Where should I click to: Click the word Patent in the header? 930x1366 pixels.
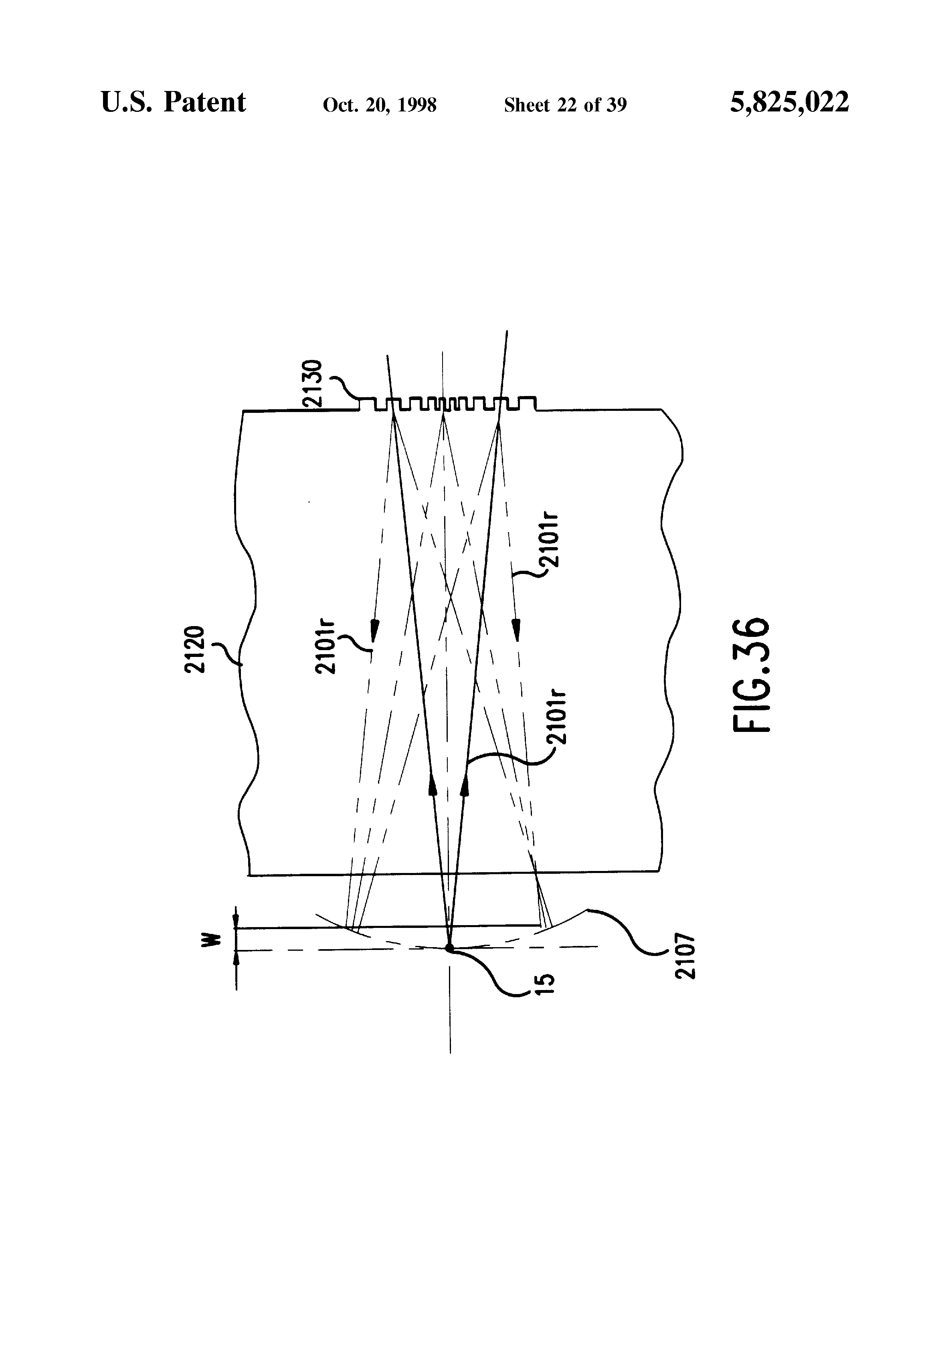click(204, 102)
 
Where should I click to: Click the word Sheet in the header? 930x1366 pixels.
click(527, 105)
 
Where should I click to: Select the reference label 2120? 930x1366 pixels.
click(194, 649)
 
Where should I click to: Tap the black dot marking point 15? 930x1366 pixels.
click(450, 948)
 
